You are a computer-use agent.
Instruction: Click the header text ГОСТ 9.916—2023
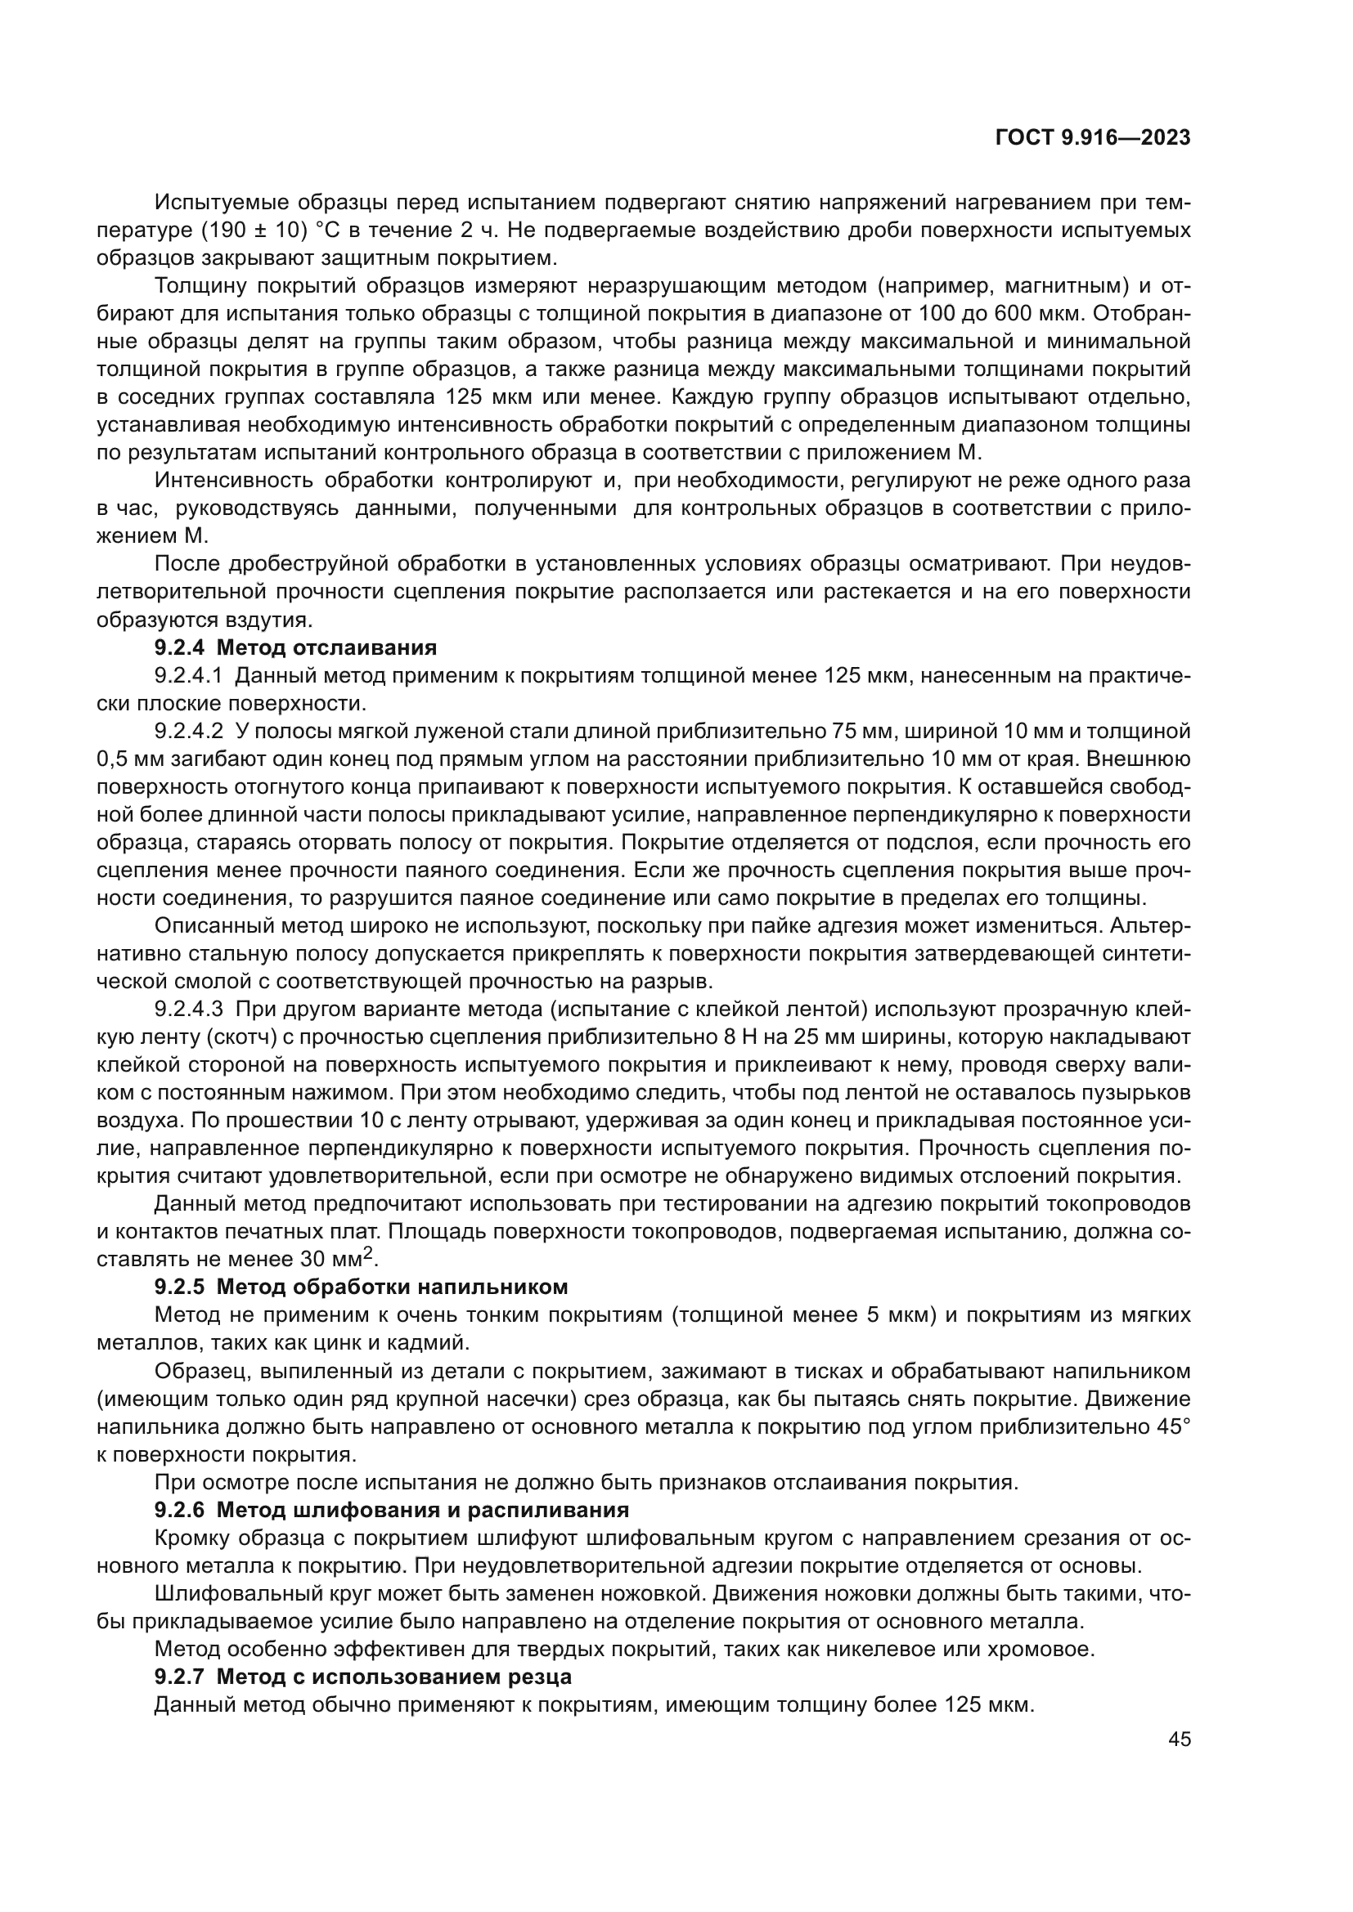coord(1093,138)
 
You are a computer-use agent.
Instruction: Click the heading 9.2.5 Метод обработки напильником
coord(361,1287)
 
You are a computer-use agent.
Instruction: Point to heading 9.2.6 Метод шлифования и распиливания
coord(392,1510)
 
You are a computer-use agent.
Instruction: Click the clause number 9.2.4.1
coord(189,675)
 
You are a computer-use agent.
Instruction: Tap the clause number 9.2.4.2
coord(189,731)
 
